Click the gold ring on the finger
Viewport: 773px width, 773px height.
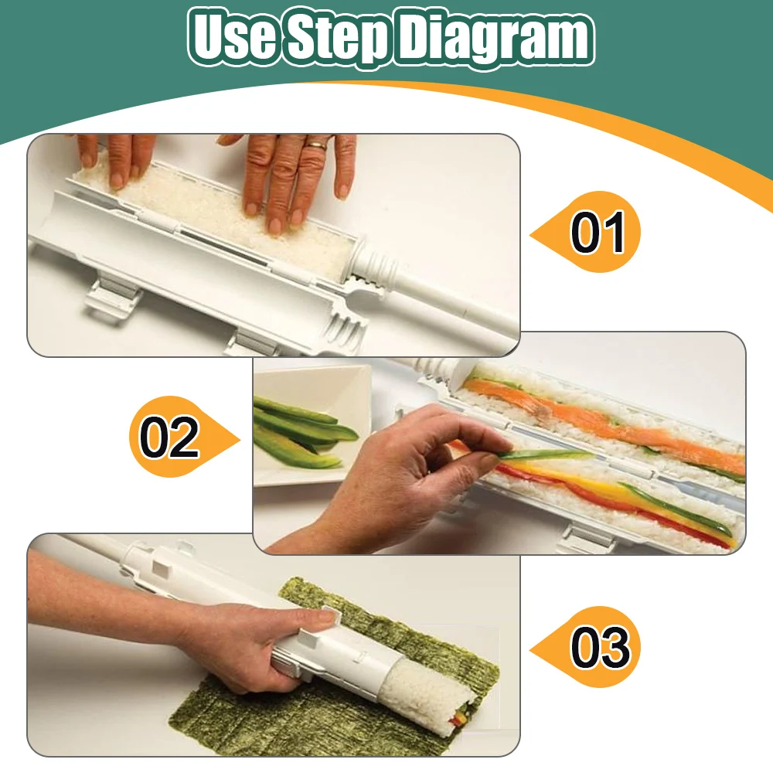(316, 145)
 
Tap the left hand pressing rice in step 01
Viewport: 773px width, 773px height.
(117, 158)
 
